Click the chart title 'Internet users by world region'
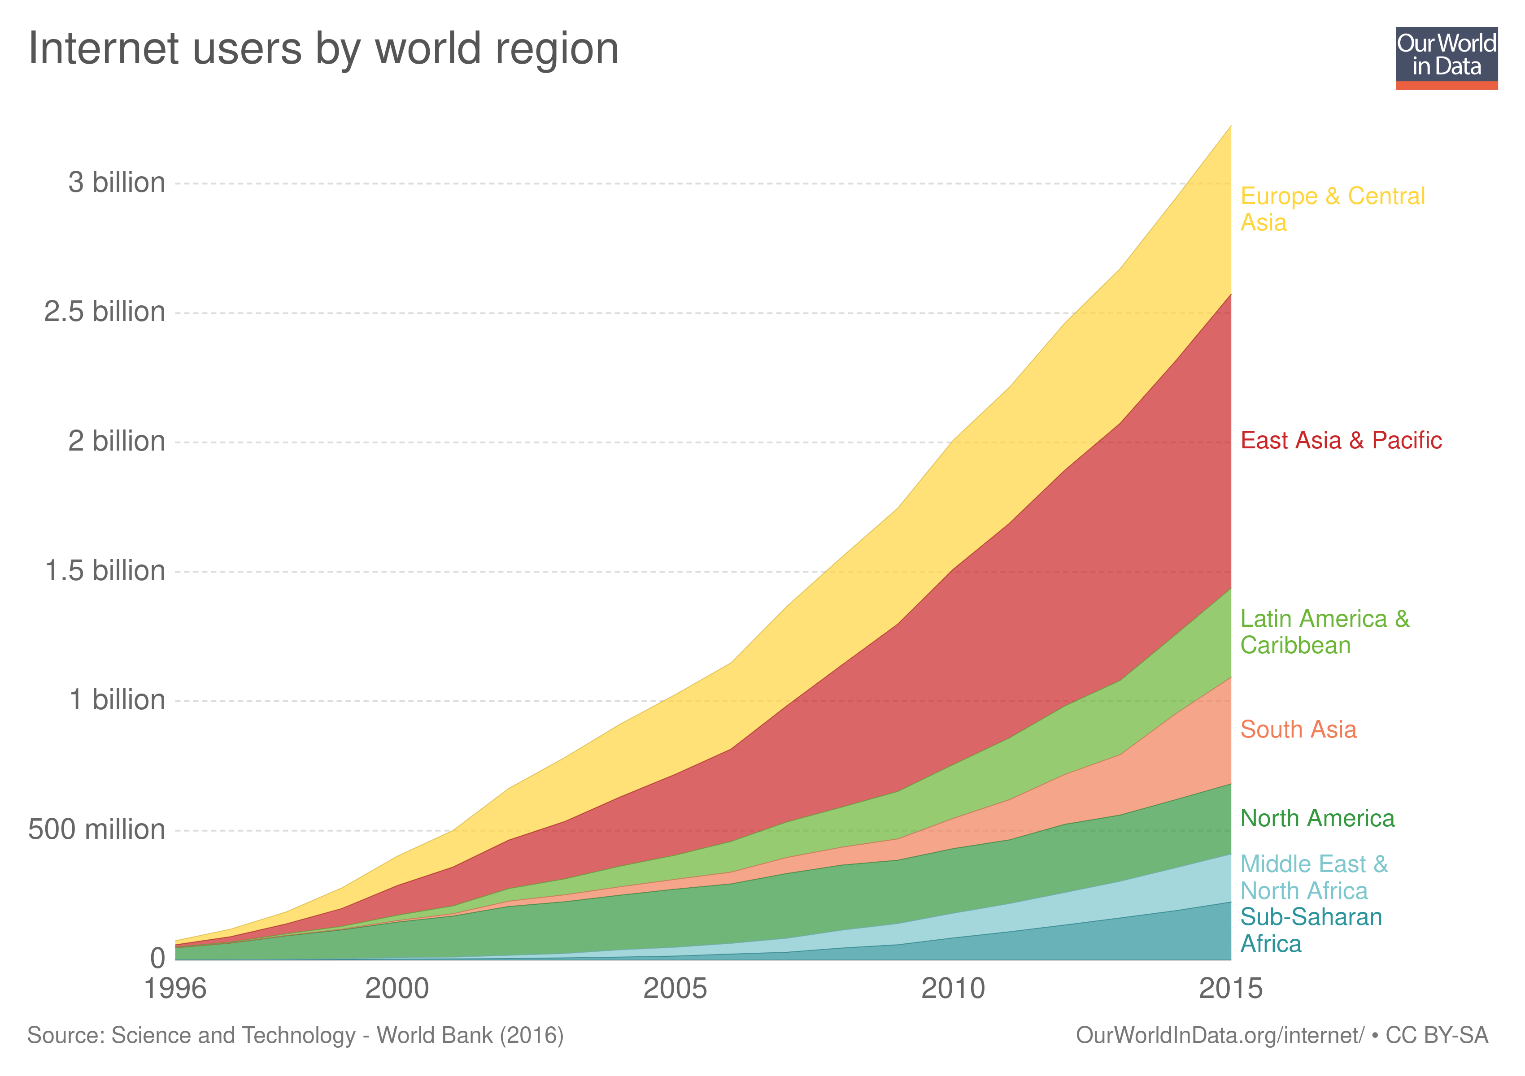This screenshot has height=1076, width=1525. (323, 49)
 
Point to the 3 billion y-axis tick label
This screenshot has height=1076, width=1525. (116, 182)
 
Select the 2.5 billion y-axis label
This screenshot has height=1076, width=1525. (104, 312)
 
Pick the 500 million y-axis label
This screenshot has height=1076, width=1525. (96, 830)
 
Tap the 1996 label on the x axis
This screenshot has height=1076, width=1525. (175, 989)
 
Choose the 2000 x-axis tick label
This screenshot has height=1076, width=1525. (397, 989)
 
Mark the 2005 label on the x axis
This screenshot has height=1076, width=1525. (675, 989)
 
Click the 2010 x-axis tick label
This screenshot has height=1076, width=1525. (953, 989)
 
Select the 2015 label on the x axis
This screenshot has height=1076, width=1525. (1230, 989)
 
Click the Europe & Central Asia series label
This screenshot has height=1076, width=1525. (1332, 209)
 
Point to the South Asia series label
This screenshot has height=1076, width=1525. (1298, 729)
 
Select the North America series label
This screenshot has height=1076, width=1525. (1317, 819)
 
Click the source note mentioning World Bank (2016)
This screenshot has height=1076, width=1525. (295, 1036)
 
